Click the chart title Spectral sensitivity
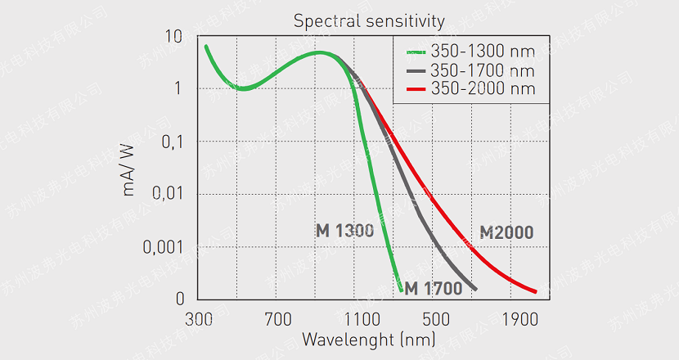pyautogui.click(x=369, y=20)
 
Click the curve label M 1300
pyautogui.click(x=344, y=230)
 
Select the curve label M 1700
pyautogui.click(x=433, y=288)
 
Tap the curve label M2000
pyautogui.click(x=506, y=232)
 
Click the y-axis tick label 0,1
pyautogui.click(x=169, y=142)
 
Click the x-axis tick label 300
pyautogui.click(x=199, y=317)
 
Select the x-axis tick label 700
pyautogui.click(x=277, y=317)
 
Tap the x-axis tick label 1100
pyautogui.click(x=357, y=317)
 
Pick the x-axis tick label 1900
pyautogui.click(x=515, y=317)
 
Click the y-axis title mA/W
pyautogui.click(x=129, y=168)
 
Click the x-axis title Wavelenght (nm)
pyautogui.click(x=368, y=338)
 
